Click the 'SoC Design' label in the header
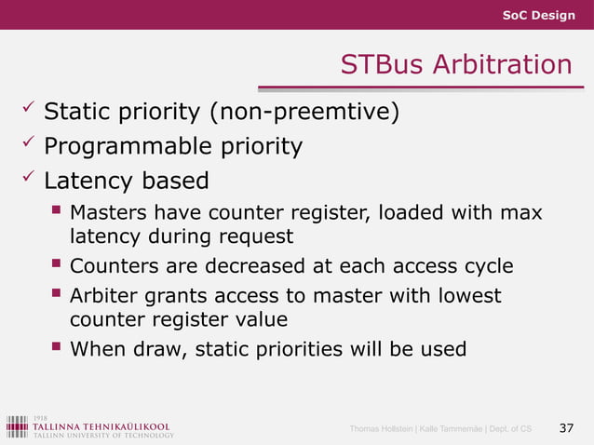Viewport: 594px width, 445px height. tap(539, 15)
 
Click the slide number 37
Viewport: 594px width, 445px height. tap(565, 428)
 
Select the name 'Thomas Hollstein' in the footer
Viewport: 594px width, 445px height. tap(382, 429)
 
